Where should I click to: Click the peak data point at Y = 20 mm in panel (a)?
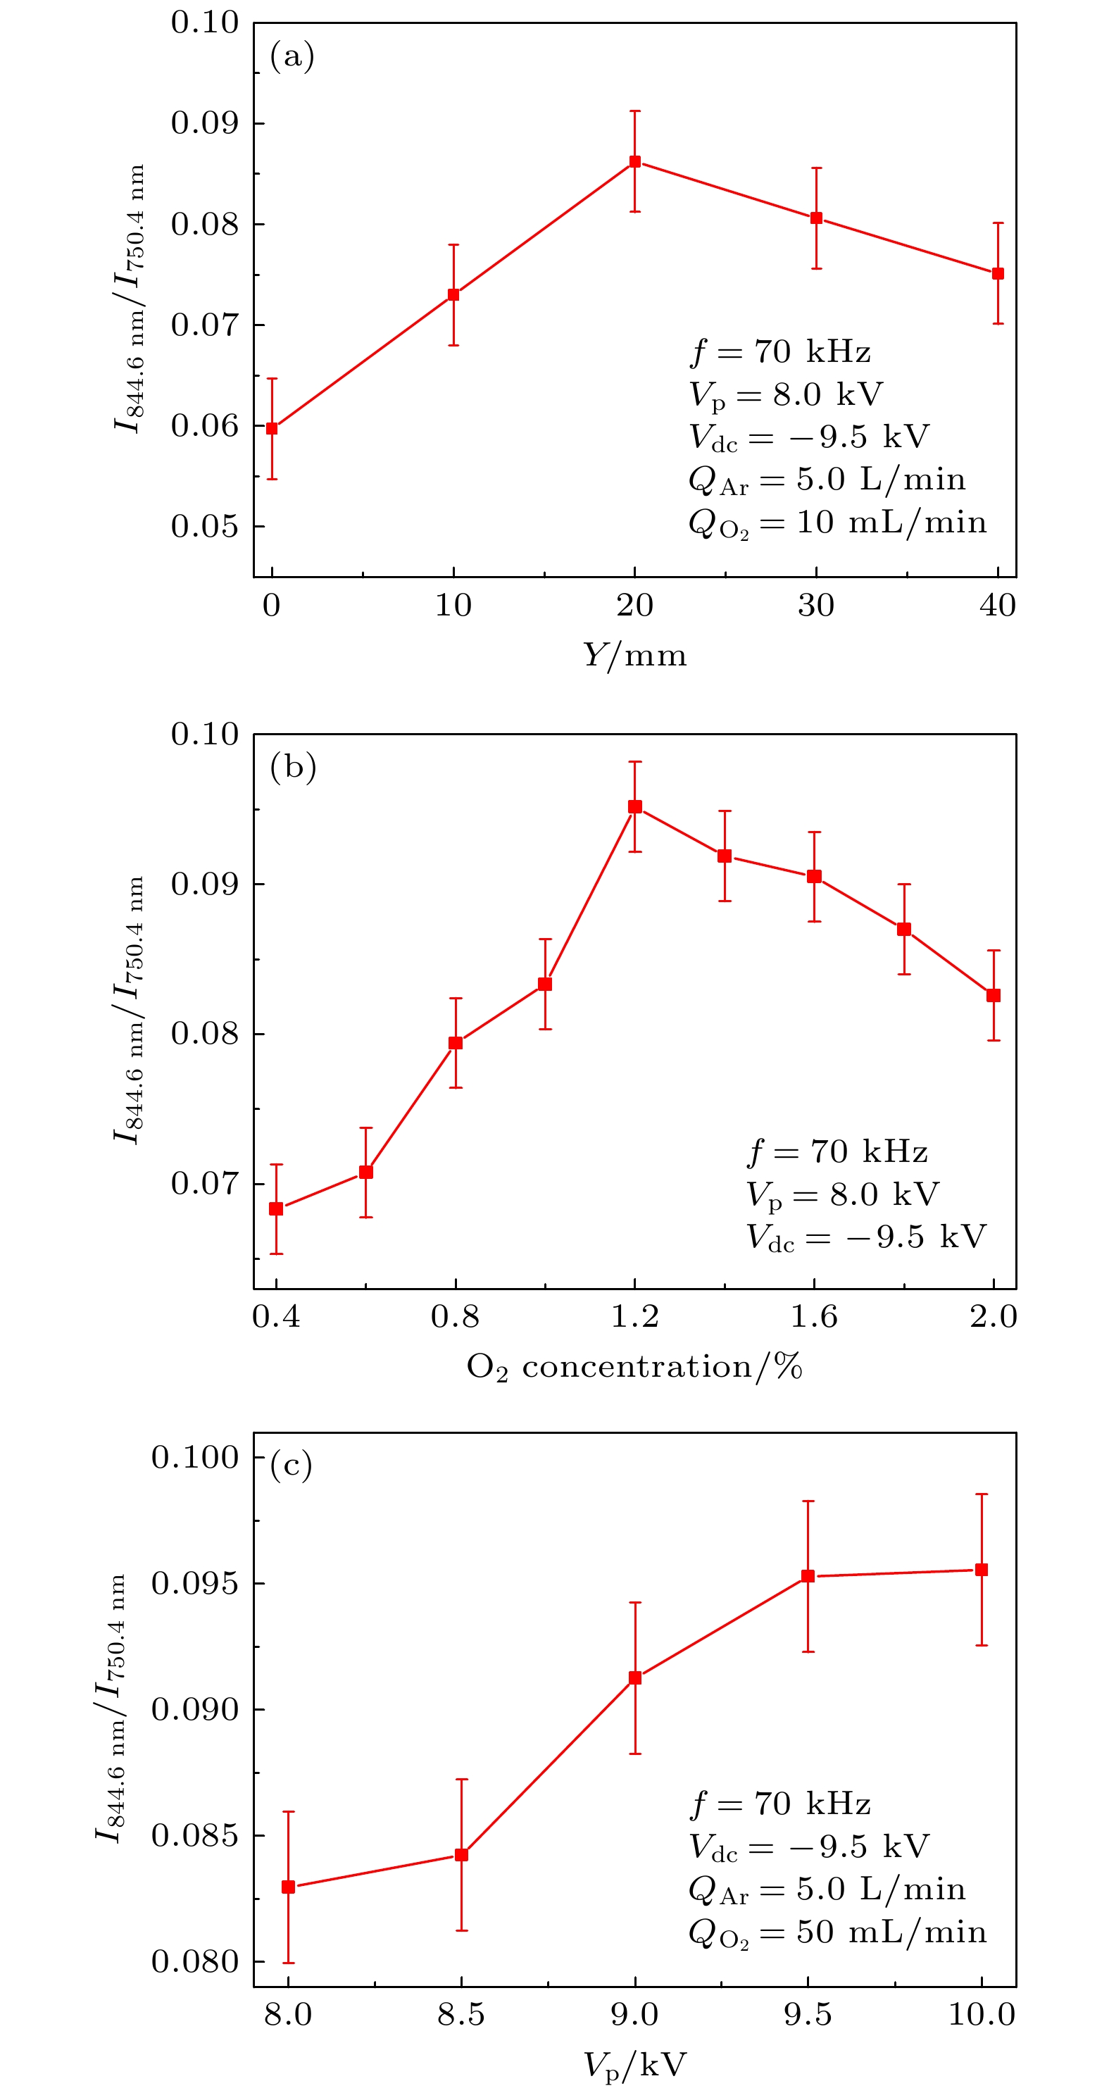(x=634, y=162)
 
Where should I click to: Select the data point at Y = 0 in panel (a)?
(x=272, y=428)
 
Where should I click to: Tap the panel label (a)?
(x=292, y=57)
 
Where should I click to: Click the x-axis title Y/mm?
(x=634, y=655)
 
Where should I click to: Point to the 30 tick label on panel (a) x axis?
(x=815, y=606)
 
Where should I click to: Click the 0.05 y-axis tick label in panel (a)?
(x=205, y=527)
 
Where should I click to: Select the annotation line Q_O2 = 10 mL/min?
(x=837, y=523)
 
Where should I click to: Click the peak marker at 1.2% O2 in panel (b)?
(x=634, y=807)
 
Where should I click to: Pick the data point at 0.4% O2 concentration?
(x=276, y=1209)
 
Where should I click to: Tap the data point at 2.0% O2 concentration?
(x=993, y=995)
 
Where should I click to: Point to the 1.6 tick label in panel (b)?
(x=814, y=1317)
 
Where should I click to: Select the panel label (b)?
(x=292, y=767)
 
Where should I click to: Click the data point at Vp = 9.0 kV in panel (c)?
(x=634, y=1677)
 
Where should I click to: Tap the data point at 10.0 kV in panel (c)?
(x=982, y=1570)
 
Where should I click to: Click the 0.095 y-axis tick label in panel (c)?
(x=195, y=1582)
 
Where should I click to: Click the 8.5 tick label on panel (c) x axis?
(x=460, y=2015)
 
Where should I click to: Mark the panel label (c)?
(x=291, y=1465)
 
